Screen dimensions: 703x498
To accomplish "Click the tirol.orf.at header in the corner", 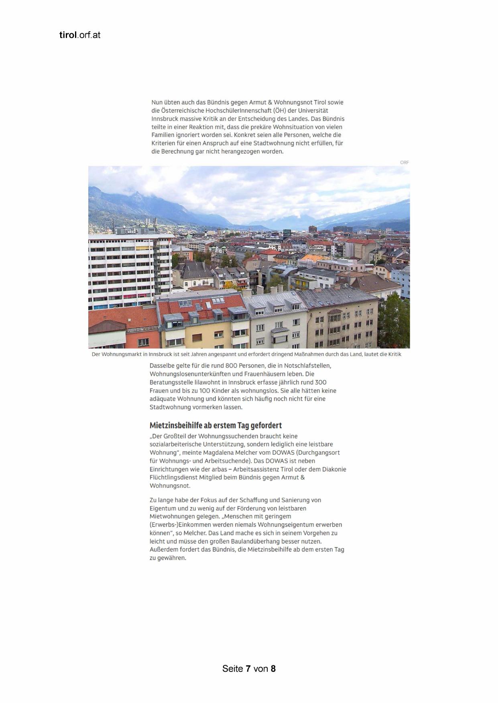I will coord(79,35).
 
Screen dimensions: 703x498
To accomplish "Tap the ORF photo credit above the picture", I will coord(404,162).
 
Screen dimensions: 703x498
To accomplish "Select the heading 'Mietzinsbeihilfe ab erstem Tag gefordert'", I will coord(215,425).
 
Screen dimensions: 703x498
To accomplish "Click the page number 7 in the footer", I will coord(248,669).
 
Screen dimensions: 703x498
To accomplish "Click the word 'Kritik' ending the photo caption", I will coord(394,354).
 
